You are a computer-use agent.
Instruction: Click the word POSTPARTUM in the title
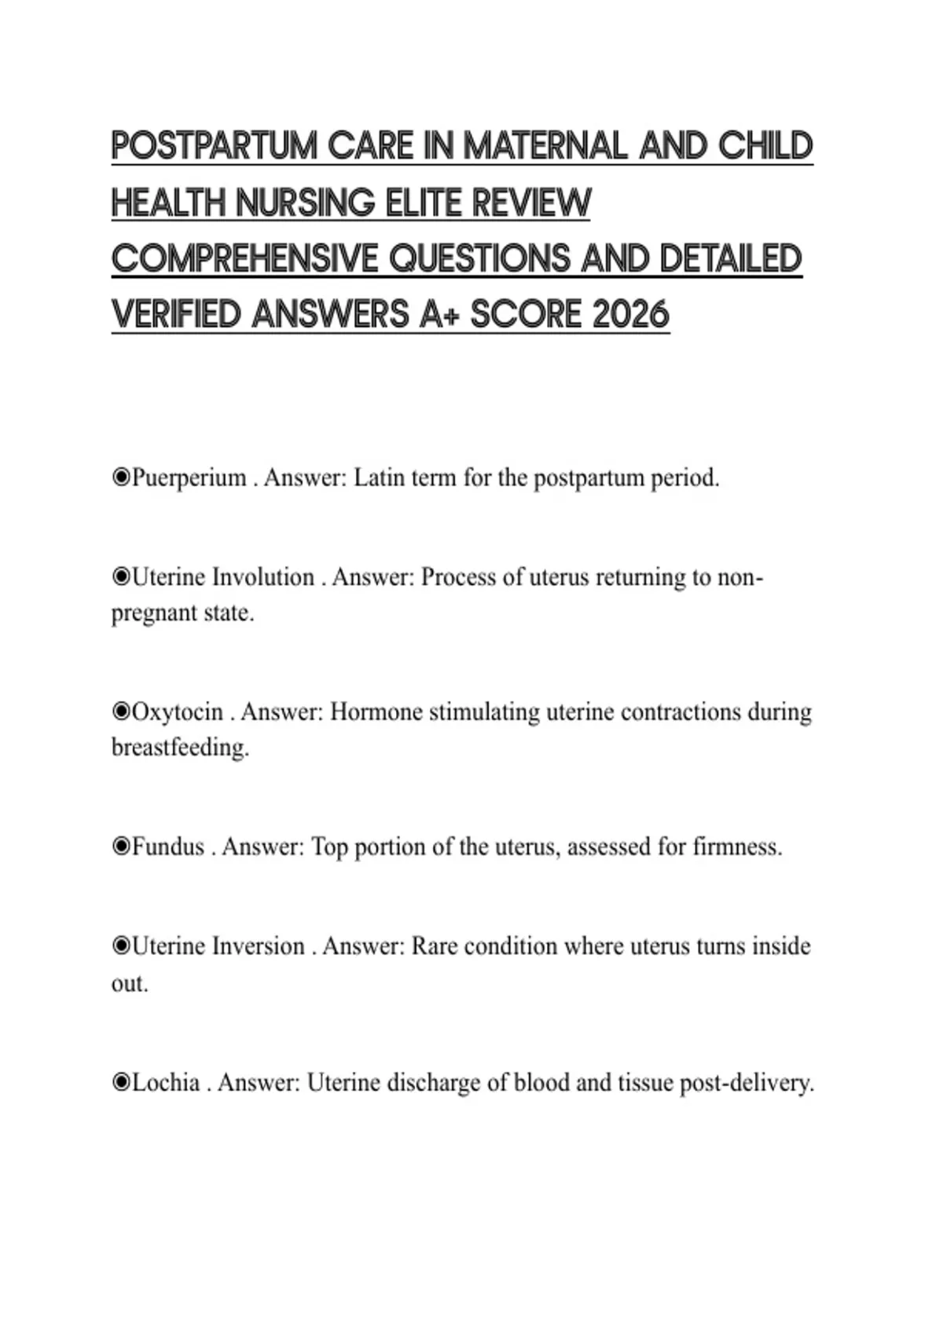click(215, 146)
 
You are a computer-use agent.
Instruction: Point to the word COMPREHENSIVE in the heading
click(244, 259)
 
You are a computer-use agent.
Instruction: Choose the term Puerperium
click(189, 477)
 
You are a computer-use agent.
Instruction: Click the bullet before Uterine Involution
click(121, 577)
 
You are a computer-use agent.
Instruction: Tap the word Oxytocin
click(178, 712)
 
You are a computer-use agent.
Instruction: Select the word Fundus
click(168, 847)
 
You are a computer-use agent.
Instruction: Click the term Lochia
click(165, 1083)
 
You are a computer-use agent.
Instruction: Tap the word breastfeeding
click(180, 748)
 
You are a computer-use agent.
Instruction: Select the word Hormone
click(376, 712)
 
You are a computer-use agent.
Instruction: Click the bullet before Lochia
click(121, 1083)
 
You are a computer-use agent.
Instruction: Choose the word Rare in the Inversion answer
click(435, 946)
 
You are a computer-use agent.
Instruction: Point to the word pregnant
click(154, 613)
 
